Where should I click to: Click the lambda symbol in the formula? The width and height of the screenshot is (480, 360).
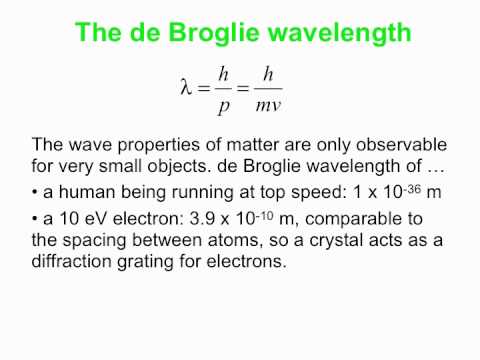click(183, 85)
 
